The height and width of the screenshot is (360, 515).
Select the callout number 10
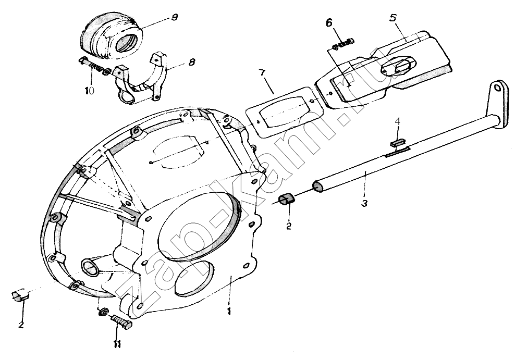click(x=90, y=90)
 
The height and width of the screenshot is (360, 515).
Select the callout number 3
click(x=364, y=202)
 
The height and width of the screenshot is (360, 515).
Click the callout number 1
click(x=230, y=310)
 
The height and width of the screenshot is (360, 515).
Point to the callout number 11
click(x=117, y=344)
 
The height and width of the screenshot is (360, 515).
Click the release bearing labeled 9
click(x=109, y=36)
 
